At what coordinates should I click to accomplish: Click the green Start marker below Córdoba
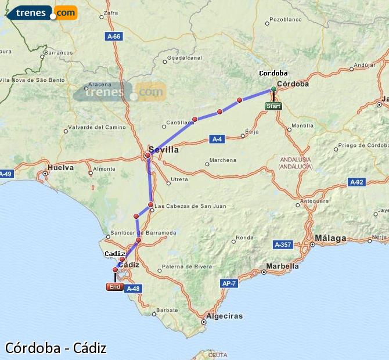tap(273, 106)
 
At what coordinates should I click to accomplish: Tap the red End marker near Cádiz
tap(114, 287)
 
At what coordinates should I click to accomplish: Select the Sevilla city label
tap(164, 150)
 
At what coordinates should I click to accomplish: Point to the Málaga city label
tap(330, 238)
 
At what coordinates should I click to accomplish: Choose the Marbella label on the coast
tap(282, 267)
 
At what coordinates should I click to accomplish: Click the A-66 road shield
tap(114, 37)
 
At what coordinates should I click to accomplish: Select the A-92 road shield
tap(356, 182)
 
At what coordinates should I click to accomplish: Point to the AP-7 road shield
tap(229, 283)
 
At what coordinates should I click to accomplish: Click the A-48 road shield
tap(133, 289)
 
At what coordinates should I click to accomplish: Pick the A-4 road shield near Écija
tap(217, 139)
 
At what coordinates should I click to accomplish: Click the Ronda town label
tap(244, 237)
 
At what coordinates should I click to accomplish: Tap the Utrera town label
tap(178, 180)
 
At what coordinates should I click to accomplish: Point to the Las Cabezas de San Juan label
tap(190, 206)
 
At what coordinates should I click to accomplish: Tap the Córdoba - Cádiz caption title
tap(56, 348)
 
